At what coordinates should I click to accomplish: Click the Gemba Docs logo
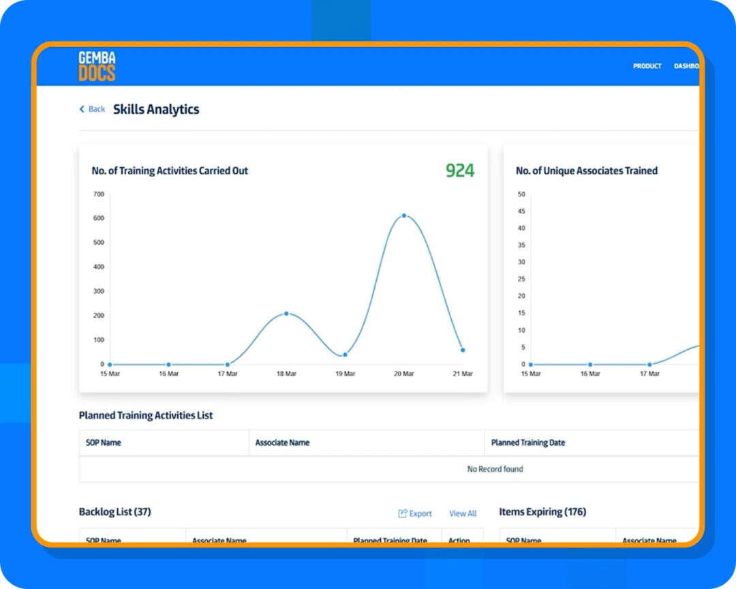97,66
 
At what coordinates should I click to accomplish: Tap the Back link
93,109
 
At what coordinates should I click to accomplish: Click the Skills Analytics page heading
156,109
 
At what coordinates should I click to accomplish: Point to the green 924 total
460,170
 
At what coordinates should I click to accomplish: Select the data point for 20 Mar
404,215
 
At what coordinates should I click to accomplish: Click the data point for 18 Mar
286,314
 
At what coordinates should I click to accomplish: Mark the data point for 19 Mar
345,354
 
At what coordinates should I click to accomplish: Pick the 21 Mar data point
463,350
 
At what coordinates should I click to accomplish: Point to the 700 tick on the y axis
98,194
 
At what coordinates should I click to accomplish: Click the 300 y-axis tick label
98,291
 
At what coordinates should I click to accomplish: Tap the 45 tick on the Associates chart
522,211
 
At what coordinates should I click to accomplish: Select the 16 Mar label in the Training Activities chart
168,374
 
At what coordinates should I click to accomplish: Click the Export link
415,513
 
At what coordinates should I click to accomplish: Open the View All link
463,513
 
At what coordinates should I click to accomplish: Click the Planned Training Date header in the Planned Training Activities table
528,442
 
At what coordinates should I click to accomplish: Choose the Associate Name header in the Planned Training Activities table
282,442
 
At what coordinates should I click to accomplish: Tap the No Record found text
495,469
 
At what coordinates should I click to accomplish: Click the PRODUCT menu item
647,66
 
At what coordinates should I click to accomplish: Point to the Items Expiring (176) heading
542,512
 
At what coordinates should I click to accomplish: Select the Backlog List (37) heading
114,511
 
